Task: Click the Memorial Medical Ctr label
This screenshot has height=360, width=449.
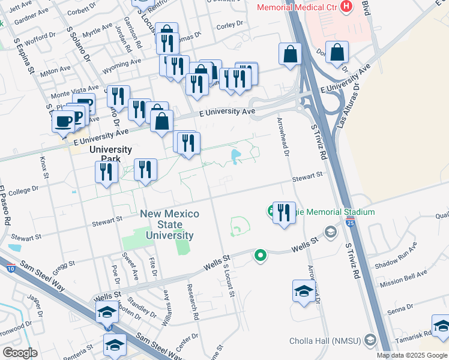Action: (296, 7)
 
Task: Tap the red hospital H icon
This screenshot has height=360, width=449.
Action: (346, 7)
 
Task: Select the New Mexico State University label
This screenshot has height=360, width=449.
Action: (167, 225)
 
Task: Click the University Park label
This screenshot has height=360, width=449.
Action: (110, 154)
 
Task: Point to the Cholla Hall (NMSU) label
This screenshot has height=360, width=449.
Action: (324, 341)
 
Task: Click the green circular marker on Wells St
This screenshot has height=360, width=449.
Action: (260, 256)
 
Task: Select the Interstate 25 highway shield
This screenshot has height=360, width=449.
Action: (350, 223)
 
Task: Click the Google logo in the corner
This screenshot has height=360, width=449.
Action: (19, 352)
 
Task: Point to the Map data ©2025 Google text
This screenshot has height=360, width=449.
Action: (412, 355)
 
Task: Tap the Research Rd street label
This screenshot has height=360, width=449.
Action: (193, 301)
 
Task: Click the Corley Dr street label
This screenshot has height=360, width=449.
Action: (229, 25)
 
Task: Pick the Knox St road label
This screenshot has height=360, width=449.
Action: (43, 169)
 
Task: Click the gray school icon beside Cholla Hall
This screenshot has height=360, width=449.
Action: (370, 341)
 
